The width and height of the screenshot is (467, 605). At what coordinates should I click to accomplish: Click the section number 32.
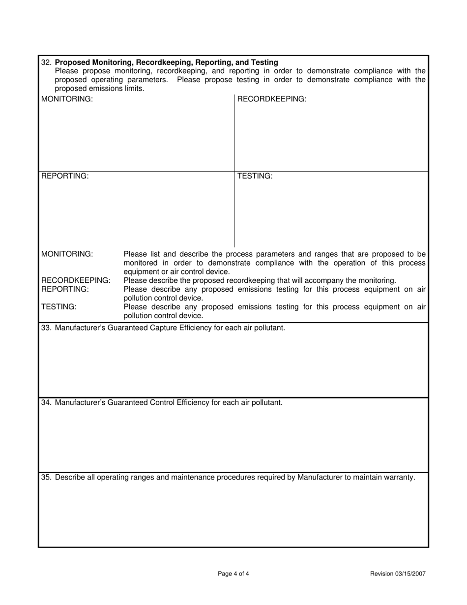[46, 62]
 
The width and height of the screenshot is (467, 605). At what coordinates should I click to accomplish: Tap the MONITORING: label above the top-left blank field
[67, 99]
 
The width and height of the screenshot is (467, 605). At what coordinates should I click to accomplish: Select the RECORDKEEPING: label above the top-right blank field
[272, 99]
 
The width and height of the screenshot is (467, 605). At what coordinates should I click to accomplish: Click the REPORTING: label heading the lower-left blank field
[65, 176]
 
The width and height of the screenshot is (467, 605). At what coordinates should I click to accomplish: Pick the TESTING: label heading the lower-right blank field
[255, 176]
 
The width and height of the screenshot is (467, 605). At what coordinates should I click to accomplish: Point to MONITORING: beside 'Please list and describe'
[67, 254]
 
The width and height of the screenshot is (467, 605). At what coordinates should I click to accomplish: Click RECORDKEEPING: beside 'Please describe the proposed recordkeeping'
[76, 280]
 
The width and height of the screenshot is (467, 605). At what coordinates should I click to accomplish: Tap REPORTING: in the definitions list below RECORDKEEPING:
[65, 289]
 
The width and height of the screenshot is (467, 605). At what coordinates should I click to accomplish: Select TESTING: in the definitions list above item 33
[59, 307]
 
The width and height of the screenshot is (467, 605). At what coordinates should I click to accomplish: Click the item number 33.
[46, 328]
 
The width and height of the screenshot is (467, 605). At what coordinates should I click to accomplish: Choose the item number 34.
[46, 402]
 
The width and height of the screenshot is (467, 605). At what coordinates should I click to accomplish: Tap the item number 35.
[46, 477]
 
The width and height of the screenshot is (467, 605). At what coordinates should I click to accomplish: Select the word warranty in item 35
[399, 477]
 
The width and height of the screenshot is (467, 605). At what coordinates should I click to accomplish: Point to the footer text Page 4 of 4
[233, 574]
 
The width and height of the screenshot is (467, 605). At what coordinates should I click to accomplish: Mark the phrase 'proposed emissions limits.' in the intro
[99, 89]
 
